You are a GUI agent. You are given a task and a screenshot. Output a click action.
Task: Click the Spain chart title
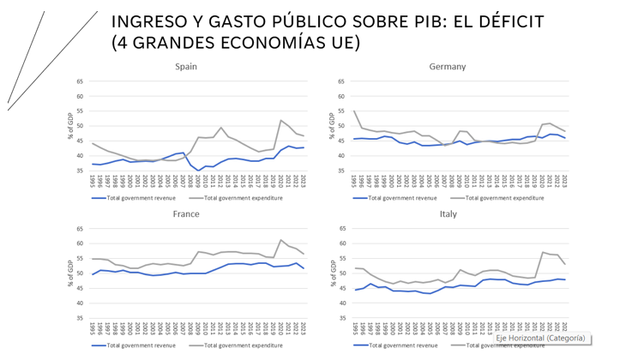[186, 66]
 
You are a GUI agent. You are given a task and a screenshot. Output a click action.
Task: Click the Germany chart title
[448, 66]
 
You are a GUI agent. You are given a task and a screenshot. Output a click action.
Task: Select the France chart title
[186, 213]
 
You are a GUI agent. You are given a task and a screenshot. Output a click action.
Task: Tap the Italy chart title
[448, 213]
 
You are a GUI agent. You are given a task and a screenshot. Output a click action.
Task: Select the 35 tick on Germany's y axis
[341, 170]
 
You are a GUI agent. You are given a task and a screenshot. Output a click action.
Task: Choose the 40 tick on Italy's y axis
[341, 303]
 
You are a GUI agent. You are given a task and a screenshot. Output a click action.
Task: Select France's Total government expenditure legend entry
[245, 345]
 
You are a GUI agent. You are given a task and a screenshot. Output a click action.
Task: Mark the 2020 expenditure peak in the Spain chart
[280, 120]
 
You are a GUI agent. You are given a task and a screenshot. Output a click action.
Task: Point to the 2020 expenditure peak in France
[280, 240]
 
